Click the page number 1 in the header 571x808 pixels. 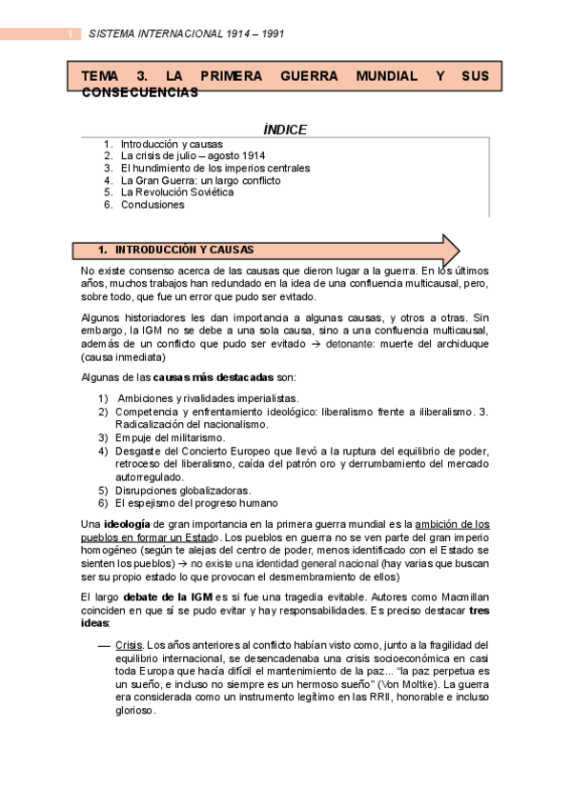click(x=69, y=34)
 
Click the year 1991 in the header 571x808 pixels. click(x=269, y=34)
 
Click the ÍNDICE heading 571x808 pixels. click(x=285, y=130)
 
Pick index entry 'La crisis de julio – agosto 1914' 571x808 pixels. click(x=194, y=155)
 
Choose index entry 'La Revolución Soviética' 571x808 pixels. click(x=176, y=192)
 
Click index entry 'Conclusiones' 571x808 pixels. click(x=153, y=204)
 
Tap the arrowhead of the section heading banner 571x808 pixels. click(x=451, y=250)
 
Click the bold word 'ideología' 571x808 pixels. click(x=127, y=523)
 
